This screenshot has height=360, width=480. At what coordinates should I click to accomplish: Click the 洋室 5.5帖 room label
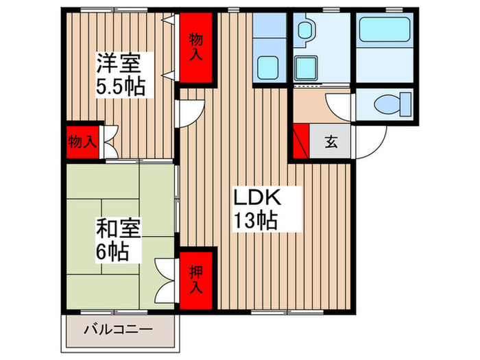click(119, 75)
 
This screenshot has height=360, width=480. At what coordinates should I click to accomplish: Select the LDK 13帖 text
click(257, 208)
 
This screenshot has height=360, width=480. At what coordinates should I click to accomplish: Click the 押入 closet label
click(196, 278)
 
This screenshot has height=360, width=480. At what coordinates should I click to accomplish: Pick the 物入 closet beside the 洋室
click(81, 142)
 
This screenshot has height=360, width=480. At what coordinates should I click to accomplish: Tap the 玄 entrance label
click(331, 142)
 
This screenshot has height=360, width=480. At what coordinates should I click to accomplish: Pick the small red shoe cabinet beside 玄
click(300, 142)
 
